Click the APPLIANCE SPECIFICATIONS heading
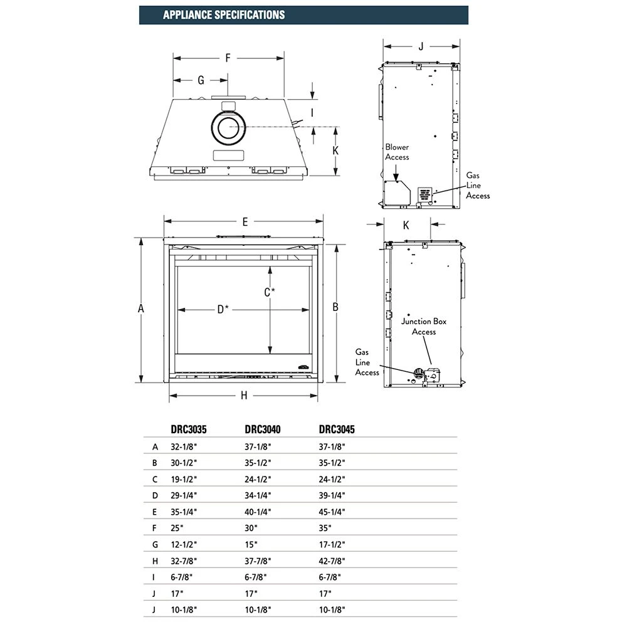click(x=223, y=14)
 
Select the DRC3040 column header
click(x=262, y=429)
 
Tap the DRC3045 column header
click(x=337, y=429)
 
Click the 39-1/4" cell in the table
click(x=332, y=496)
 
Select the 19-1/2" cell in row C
click(x=184, y=480)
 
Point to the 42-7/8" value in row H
click(x=332, y=561)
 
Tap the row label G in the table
click(x=155, y=545)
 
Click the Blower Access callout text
click(x=397, y=152)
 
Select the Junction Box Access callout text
click(x=424, y=326)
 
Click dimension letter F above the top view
click(x=228, y=58)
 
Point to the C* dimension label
click(x=270, y=292)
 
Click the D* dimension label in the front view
click(x=223, y=309)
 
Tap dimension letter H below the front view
click(x=244, y=395)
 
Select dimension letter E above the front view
click(x=245, y=221)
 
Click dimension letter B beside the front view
click(x=335, y=307)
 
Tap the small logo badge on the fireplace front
click(x=303, y=362)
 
